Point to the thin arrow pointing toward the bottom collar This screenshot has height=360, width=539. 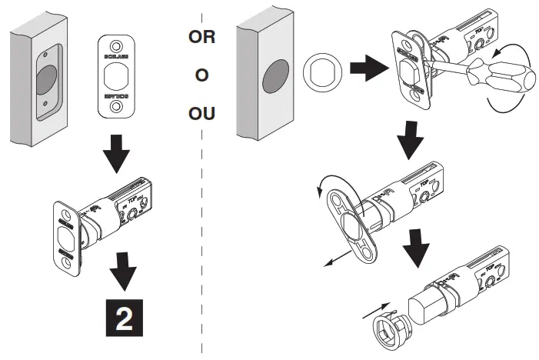[372, 309]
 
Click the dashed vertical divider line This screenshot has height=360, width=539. [202, 231]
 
